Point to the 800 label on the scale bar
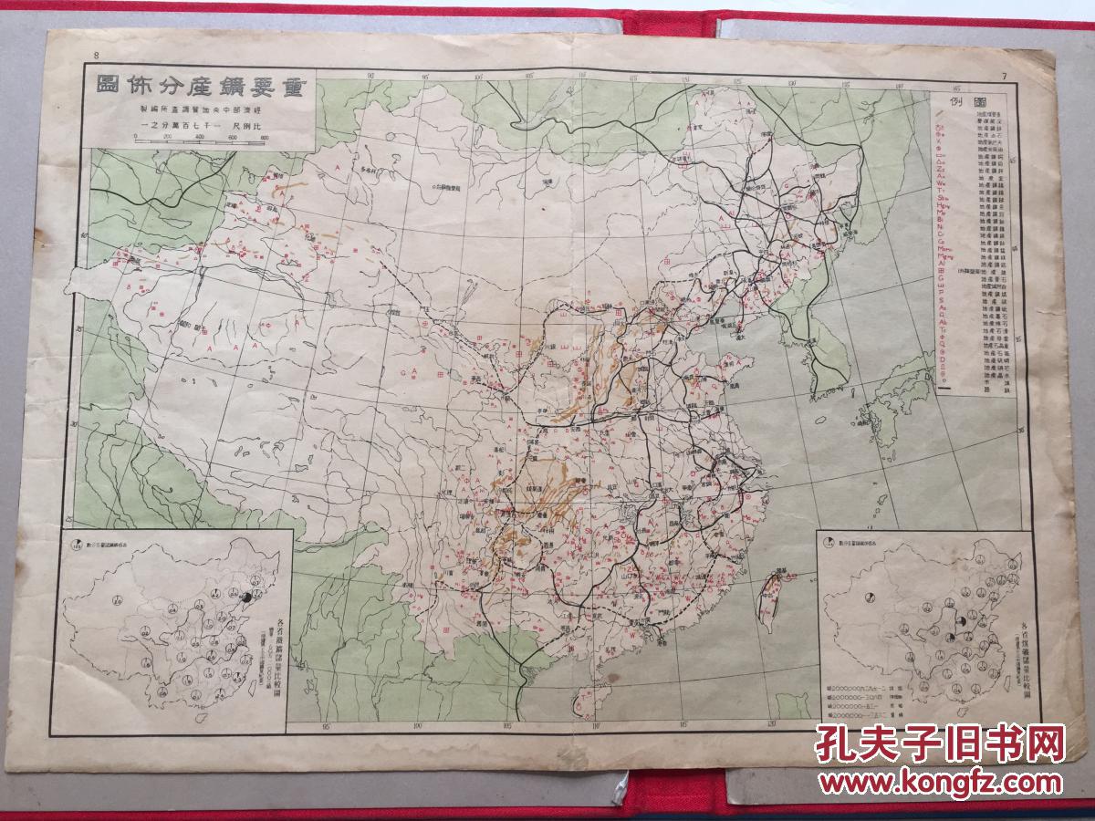tap(264, 137)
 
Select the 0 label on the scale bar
tap(135, 137)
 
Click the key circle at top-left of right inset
tap(829, 545)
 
